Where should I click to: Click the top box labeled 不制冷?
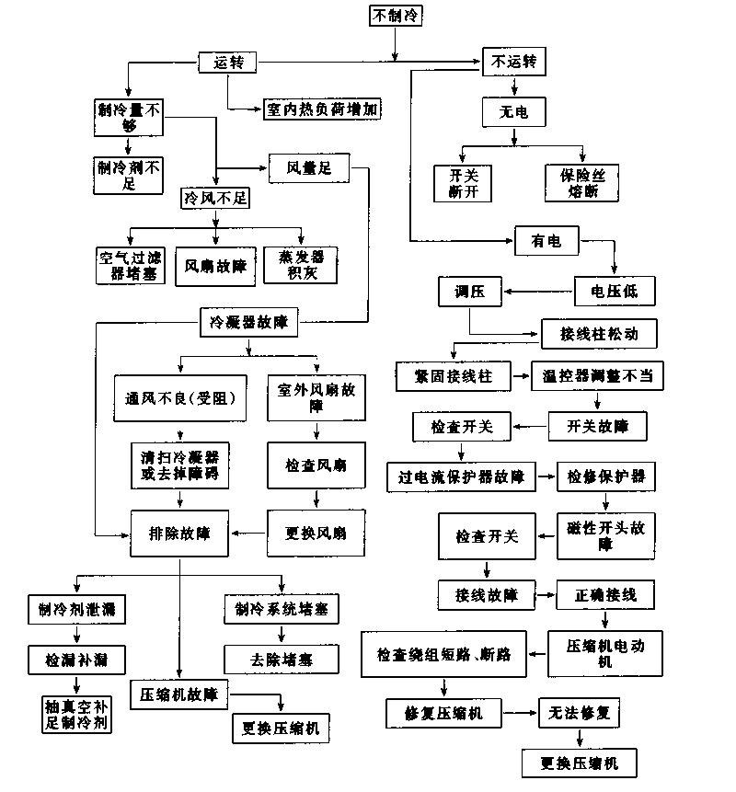397,16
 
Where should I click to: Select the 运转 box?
227,63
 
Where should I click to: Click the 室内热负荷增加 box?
322,109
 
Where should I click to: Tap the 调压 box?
469,293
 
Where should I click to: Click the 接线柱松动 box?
598,333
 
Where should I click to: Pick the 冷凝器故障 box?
248,322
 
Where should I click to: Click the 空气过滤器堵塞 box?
131,265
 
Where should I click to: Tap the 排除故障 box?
179,534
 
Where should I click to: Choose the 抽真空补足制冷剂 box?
75,714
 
